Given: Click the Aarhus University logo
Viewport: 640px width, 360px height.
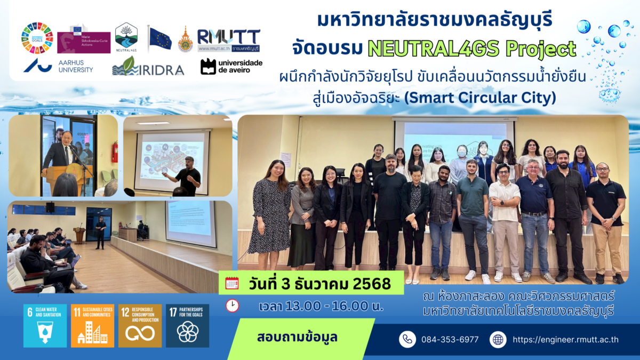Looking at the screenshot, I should (58, 66).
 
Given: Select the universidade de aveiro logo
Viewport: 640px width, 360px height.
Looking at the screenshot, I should (231, 66).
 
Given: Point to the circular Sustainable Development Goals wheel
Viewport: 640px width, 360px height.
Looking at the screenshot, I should (37, 38).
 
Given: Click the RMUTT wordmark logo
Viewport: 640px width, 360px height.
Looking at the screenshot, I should (228, 40).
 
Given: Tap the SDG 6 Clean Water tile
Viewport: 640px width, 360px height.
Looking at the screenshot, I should (45, 326).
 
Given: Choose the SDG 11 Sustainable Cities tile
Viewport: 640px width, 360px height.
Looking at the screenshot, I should (92, 326).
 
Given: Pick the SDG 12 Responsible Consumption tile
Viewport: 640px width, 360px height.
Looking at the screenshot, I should (140, 326).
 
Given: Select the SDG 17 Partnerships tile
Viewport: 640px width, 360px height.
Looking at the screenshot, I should (187, 326).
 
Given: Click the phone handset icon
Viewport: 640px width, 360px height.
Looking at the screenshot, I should (407, 339).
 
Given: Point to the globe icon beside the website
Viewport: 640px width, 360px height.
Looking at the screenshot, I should (498, 339).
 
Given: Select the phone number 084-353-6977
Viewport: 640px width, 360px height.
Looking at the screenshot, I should (450, 340).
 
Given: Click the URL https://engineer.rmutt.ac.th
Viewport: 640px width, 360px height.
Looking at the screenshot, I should (565, 340).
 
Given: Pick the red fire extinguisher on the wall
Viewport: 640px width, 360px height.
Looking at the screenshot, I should (114, 151).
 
